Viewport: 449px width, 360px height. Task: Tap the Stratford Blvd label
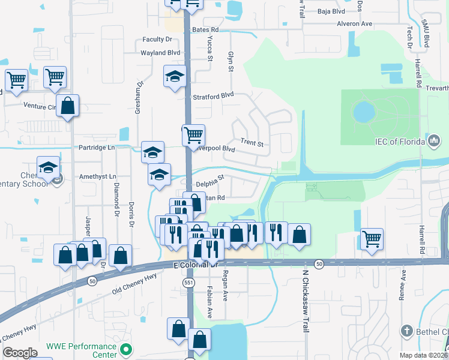pos(212,95)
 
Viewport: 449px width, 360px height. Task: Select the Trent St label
pos(252,143)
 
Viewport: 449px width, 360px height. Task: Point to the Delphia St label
pos(209,178)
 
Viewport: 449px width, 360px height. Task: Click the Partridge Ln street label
pos(96,148)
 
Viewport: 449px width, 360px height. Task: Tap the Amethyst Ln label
pos(97,176)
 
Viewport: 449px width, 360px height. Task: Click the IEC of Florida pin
pos(434,141)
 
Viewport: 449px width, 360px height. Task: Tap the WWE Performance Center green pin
pos(125,349)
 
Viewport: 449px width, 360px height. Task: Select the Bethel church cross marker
pos(406,331)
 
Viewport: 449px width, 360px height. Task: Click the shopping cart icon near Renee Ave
pos(372,239)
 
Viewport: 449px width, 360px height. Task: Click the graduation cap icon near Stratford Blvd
pos(175,76)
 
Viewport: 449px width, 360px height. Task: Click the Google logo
pos(20,353)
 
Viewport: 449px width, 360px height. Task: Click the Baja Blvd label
pos(331,11)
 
